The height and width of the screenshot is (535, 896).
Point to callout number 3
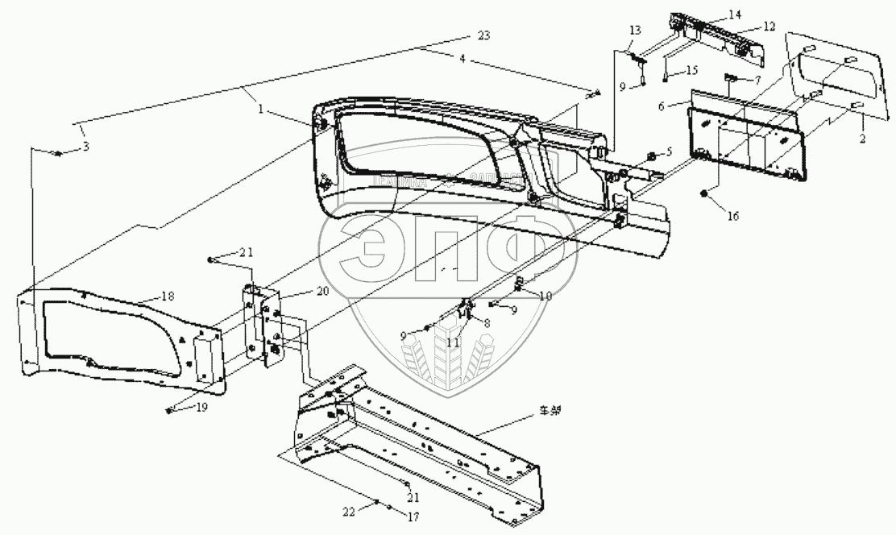click(x=86, y=146)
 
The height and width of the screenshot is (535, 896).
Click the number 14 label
click(x=734, y=15)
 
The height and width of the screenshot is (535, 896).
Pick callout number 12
click(x=769, y=27)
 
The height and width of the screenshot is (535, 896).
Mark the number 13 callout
click(x=635, y=30)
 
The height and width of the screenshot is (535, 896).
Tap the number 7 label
click(x=757, y=81)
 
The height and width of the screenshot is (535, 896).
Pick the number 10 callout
click(x=546, y=295)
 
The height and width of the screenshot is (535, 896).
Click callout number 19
click(x=202, y=408)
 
